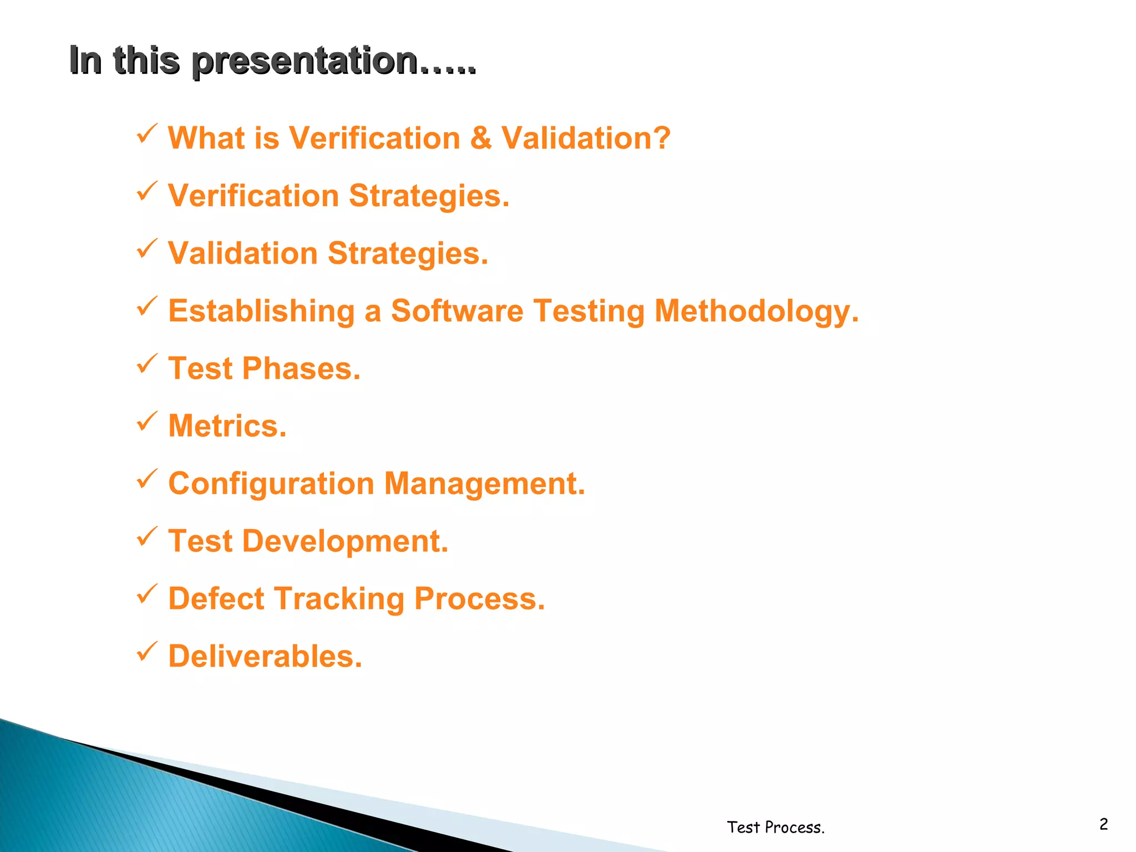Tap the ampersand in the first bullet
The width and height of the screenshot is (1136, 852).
click(480, 138)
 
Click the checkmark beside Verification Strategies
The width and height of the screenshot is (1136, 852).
click(147, 191)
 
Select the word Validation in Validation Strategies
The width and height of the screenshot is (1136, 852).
click(242, 253)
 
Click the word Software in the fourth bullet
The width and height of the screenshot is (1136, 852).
click(457, 311)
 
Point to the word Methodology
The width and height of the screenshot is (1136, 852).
click(756, 312)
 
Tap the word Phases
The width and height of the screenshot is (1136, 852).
click(301, 369)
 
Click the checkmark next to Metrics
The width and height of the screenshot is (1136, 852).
click(147, 422)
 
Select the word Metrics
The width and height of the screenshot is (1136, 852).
click(227, 426)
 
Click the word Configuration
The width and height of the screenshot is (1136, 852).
click(271, 484)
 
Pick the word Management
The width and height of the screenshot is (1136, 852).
click(484, 484)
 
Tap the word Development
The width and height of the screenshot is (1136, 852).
click(345, 541)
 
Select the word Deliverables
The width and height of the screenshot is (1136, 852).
click(265, 657)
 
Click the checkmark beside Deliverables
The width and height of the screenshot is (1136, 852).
click(147, 652)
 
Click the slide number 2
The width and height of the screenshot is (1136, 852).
click(1103, 824)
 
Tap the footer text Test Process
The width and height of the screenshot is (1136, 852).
click(775, 827)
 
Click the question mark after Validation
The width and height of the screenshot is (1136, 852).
click(661, 138)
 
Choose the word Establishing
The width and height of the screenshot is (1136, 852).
click(261, 312)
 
